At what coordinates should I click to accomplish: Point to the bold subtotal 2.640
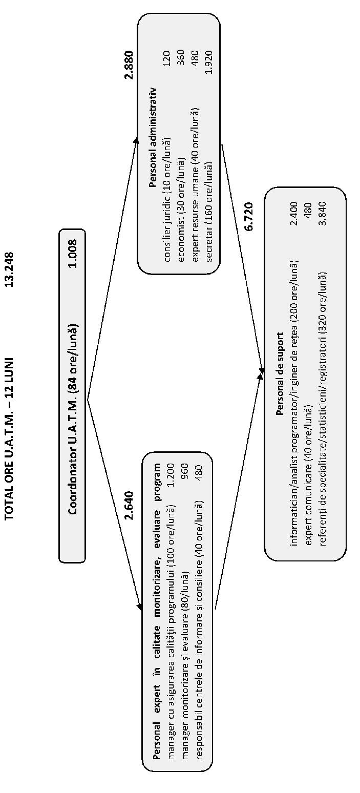click(x=129, y=505)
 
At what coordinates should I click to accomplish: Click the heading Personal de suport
click(x=280, y=373)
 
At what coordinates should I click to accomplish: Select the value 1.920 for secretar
click(x=209, y=62)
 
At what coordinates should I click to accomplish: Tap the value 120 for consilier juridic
click(x=167, y=58)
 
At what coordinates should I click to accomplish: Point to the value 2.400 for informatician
click(x=294, y=214)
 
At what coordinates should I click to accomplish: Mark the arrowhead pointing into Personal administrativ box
click(x=135, y=140)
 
